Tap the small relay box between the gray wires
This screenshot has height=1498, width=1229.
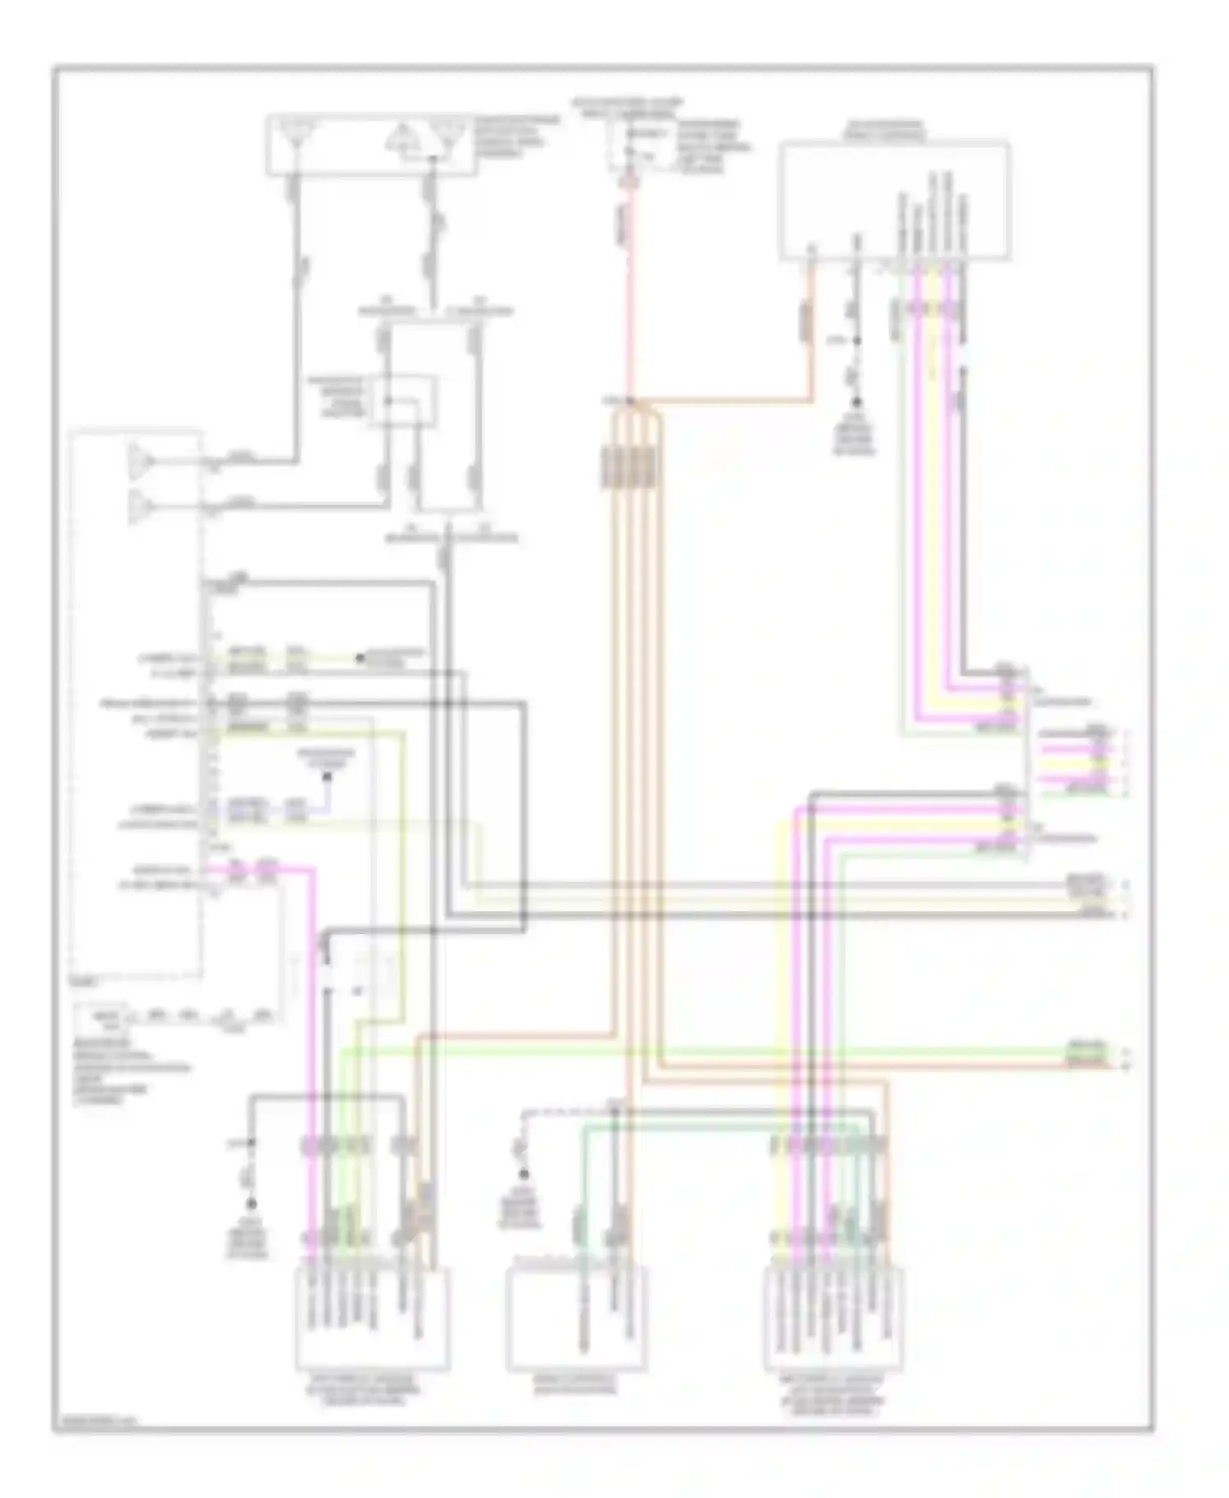pyautogui.click(x=401, y=401)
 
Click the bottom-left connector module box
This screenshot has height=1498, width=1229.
pyautogui.click(x=372, y=1319)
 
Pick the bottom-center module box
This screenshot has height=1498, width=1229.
pyautogui.click(x=576, y=1319)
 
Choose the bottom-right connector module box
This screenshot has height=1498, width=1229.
pyautogui.click(x=833, y=1319)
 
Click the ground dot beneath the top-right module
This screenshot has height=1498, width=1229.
pyautogui.click(x=857, y=403)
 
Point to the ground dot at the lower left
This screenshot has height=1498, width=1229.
pyautogui.click(x=252, y=1204)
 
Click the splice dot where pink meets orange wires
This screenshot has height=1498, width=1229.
pyautogui.click(x=630, y=402)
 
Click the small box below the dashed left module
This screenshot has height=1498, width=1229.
pyautogui.click(x=102, y=1019)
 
